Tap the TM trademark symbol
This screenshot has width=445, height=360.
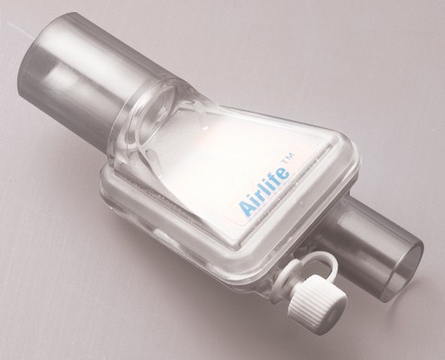pos(292,158)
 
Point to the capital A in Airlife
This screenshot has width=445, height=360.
pos(245,208)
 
